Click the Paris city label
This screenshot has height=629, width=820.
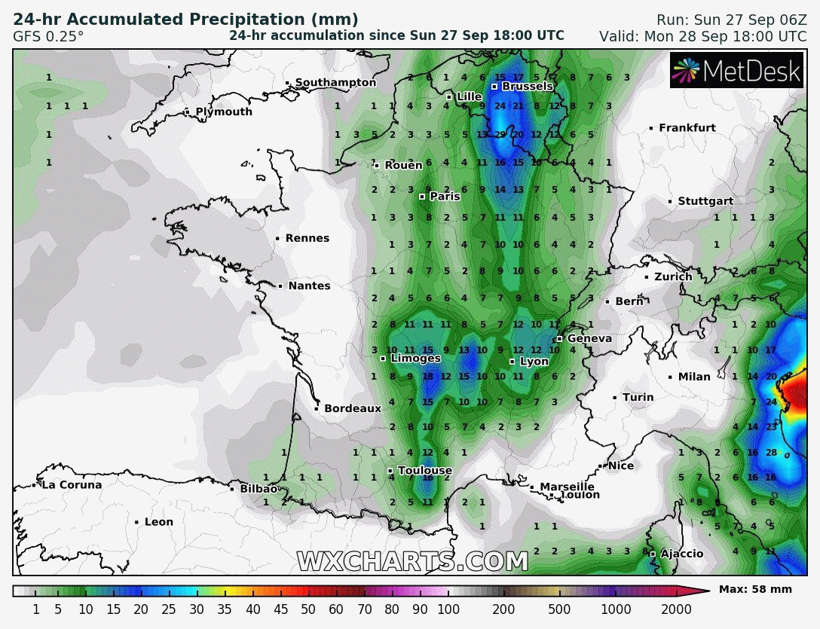445,197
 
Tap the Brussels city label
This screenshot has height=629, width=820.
528,87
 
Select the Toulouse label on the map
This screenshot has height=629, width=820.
424,471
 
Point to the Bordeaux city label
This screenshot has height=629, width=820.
353,408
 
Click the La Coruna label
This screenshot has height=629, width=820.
71,485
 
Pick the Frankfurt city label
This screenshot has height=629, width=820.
687,128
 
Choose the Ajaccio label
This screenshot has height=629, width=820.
681,554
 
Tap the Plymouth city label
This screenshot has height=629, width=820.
224,112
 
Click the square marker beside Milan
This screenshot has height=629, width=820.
670,377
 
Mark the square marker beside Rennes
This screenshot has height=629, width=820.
277,239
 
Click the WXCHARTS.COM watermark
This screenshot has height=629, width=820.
412,562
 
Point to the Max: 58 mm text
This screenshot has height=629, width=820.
755,589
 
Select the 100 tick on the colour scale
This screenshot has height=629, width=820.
448,609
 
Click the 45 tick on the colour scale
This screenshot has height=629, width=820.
280,609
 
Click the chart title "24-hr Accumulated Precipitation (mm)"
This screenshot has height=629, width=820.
185,20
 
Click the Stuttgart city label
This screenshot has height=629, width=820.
705,201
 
